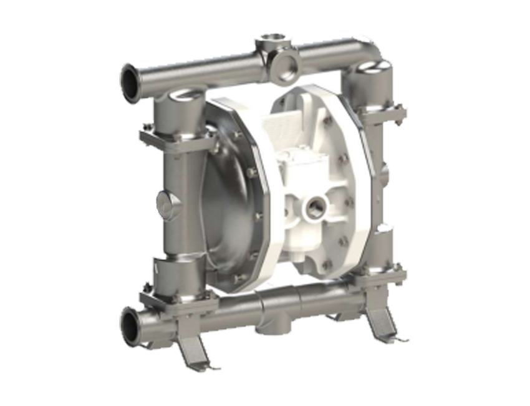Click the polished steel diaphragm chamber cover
(234, 200)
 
